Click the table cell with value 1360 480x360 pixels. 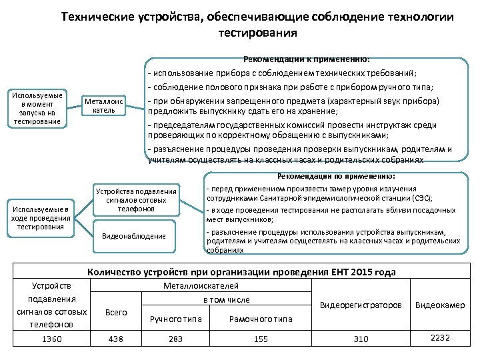pos(51,339)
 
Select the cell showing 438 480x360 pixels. pos(115,339)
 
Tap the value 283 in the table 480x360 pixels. pos(175,339)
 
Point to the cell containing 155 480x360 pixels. pos(261,339)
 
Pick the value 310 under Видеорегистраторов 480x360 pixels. pos(361,339)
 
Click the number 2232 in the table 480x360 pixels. pos(440,338)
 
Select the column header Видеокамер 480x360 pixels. pos(440,305)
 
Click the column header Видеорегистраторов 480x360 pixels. pos(361,305)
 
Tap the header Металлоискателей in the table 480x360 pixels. pos(201,285)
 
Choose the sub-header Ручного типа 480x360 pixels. pos(175,319)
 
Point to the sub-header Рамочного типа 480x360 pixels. pos(261,319)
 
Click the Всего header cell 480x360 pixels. pos(115,312)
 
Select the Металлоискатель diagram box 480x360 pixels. pos(103,106)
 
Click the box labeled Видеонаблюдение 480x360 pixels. pos(133,236)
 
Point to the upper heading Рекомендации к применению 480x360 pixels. pos(307,59)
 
